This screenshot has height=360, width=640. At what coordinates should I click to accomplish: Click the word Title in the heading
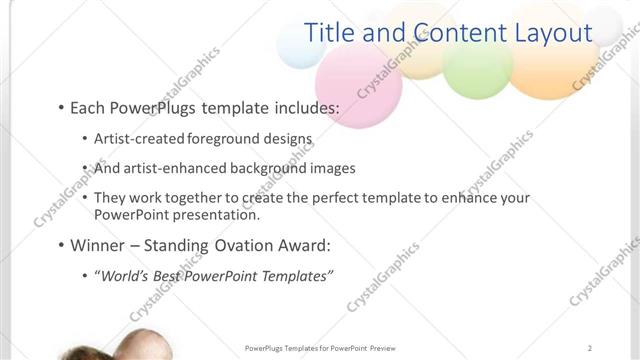tap(332, 33)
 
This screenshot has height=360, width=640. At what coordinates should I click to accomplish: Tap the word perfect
tap(321, 198)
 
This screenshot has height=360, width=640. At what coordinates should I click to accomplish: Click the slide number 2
tap(591, 348)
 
